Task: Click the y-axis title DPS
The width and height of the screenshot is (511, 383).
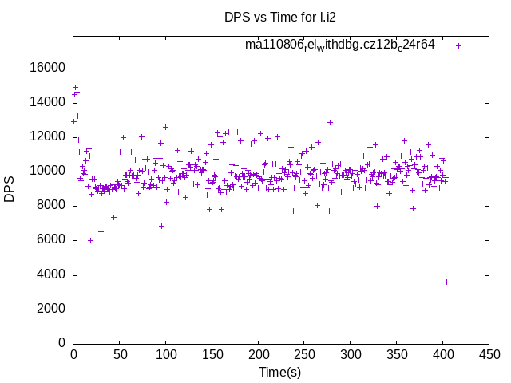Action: (x=10, y=188)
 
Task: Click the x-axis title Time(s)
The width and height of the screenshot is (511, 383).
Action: (x=279, y=372)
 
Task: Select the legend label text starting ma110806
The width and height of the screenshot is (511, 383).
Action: (x=340, y=45)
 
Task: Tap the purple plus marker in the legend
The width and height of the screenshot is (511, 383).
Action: (x=458, y=45)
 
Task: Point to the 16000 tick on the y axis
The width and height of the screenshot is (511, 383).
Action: (x=48, y=68)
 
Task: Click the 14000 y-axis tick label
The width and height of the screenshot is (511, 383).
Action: (x=48, y=102)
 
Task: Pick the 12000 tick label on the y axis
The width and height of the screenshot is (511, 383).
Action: (x=48, y=136)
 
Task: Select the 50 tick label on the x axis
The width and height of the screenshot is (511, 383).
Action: (x=120, y=353)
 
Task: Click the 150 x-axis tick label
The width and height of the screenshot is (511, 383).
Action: (x=212, y=353)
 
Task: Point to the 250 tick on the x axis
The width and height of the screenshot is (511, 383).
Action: (x=304, y=353)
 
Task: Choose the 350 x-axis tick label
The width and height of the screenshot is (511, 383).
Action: (x=396, y=353)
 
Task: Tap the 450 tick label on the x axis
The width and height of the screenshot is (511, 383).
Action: (x=489, y=353)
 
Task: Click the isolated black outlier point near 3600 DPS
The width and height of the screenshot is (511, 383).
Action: (x=446, y=282)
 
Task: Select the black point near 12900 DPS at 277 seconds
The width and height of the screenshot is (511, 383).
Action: (x=330, y=122)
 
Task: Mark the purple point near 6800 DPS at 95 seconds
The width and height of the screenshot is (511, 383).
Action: (x=161, y=226)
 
